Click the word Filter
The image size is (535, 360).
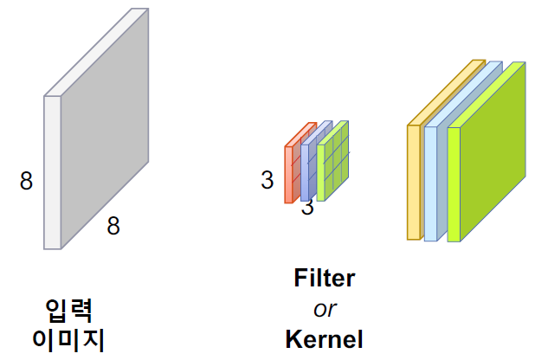pos(325,279)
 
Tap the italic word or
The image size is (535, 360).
pos(325,308)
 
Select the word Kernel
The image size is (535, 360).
pos(325,338)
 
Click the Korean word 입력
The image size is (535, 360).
pos(68,309)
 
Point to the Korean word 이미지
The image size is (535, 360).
pos(68,338)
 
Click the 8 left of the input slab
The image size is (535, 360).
pos(26,181)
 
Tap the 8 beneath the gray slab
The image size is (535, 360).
pos(113,226)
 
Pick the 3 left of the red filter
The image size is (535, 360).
pos(267,180)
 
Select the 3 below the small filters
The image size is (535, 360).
pos(307,208)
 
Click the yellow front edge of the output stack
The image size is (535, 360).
pos(414,182)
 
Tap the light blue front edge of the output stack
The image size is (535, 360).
pos(430,182)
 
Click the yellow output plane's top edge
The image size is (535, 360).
pos(447,92)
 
